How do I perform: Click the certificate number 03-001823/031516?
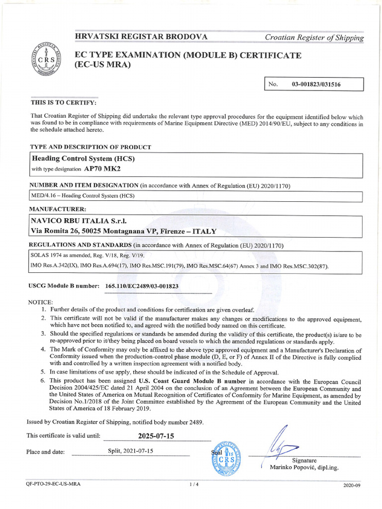pyautogui.click(x=316, y=85)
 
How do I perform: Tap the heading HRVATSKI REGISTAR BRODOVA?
pyautogui.click(x=141, y=37)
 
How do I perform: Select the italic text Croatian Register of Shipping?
pyautogui.click(x=314, y=37)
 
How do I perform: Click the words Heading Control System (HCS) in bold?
pyautogui.click(x=83, y=159)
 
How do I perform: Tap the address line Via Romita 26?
pyautogui.click(x=124, y=231)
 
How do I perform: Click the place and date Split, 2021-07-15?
pyautogui.click(x=131, y=451)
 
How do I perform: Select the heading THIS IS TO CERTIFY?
pyautogui.click(x=64, y=102)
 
